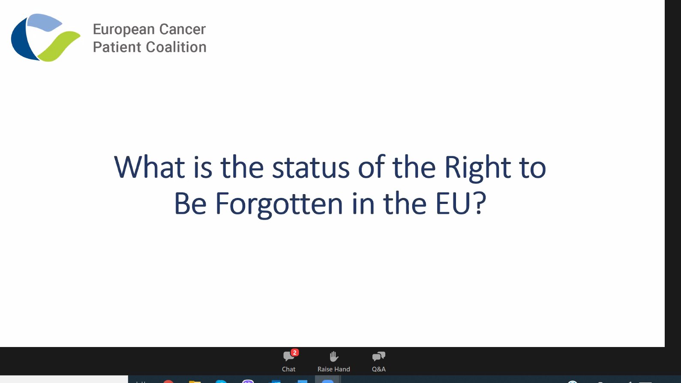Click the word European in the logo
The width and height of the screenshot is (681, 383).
click(x=123, y=30)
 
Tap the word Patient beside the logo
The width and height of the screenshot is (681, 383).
click(x=117, y=47)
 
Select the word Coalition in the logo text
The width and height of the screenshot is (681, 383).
click(x=177, y=47)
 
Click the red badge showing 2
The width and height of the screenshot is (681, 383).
click(x=294, y=353)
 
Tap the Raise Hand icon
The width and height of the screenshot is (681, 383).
click(x=334, y=356)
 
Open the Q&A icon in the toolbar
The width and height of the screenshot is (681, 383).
click(x=378, y=356)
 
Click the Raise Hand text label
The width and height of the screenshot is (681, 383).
click(x=333, y=369)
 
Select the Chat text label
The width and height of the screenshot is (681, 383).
click(x=288, y=369)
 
